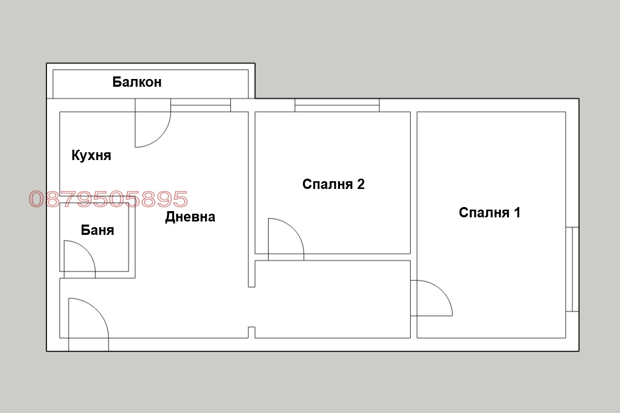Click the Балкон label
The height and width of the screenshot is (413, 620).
tap(137, 82)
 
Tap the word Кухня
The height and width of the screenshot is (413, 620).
tap(91, 155)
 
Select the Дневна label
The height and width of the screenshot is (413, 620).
tap(190, 217)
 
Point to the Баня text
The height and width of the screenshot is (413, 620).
tap(97, 230)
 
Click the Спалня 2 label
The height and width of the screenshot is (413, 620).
tap(333, 184)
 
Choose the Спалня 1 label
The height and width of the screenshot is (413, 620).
tap(489, 212)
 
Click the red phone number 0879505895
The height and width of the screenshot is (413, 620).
tap(109, 199)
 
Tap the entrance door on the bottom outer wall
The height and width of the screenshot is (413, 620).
tap(88, 325)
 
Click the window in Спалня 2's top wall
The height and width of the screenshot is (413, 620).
tap(337, 105)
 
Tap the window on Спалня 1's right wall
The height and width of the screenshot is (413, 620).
tap(572, 269)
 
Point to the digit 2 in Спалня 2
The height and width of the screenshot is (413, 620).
tap(361, 184)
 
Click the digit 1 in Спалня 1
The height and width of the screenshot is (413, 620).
tap(517, 212)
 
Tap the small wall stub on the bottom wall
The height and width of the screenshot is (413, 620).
tap(252, 332)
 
